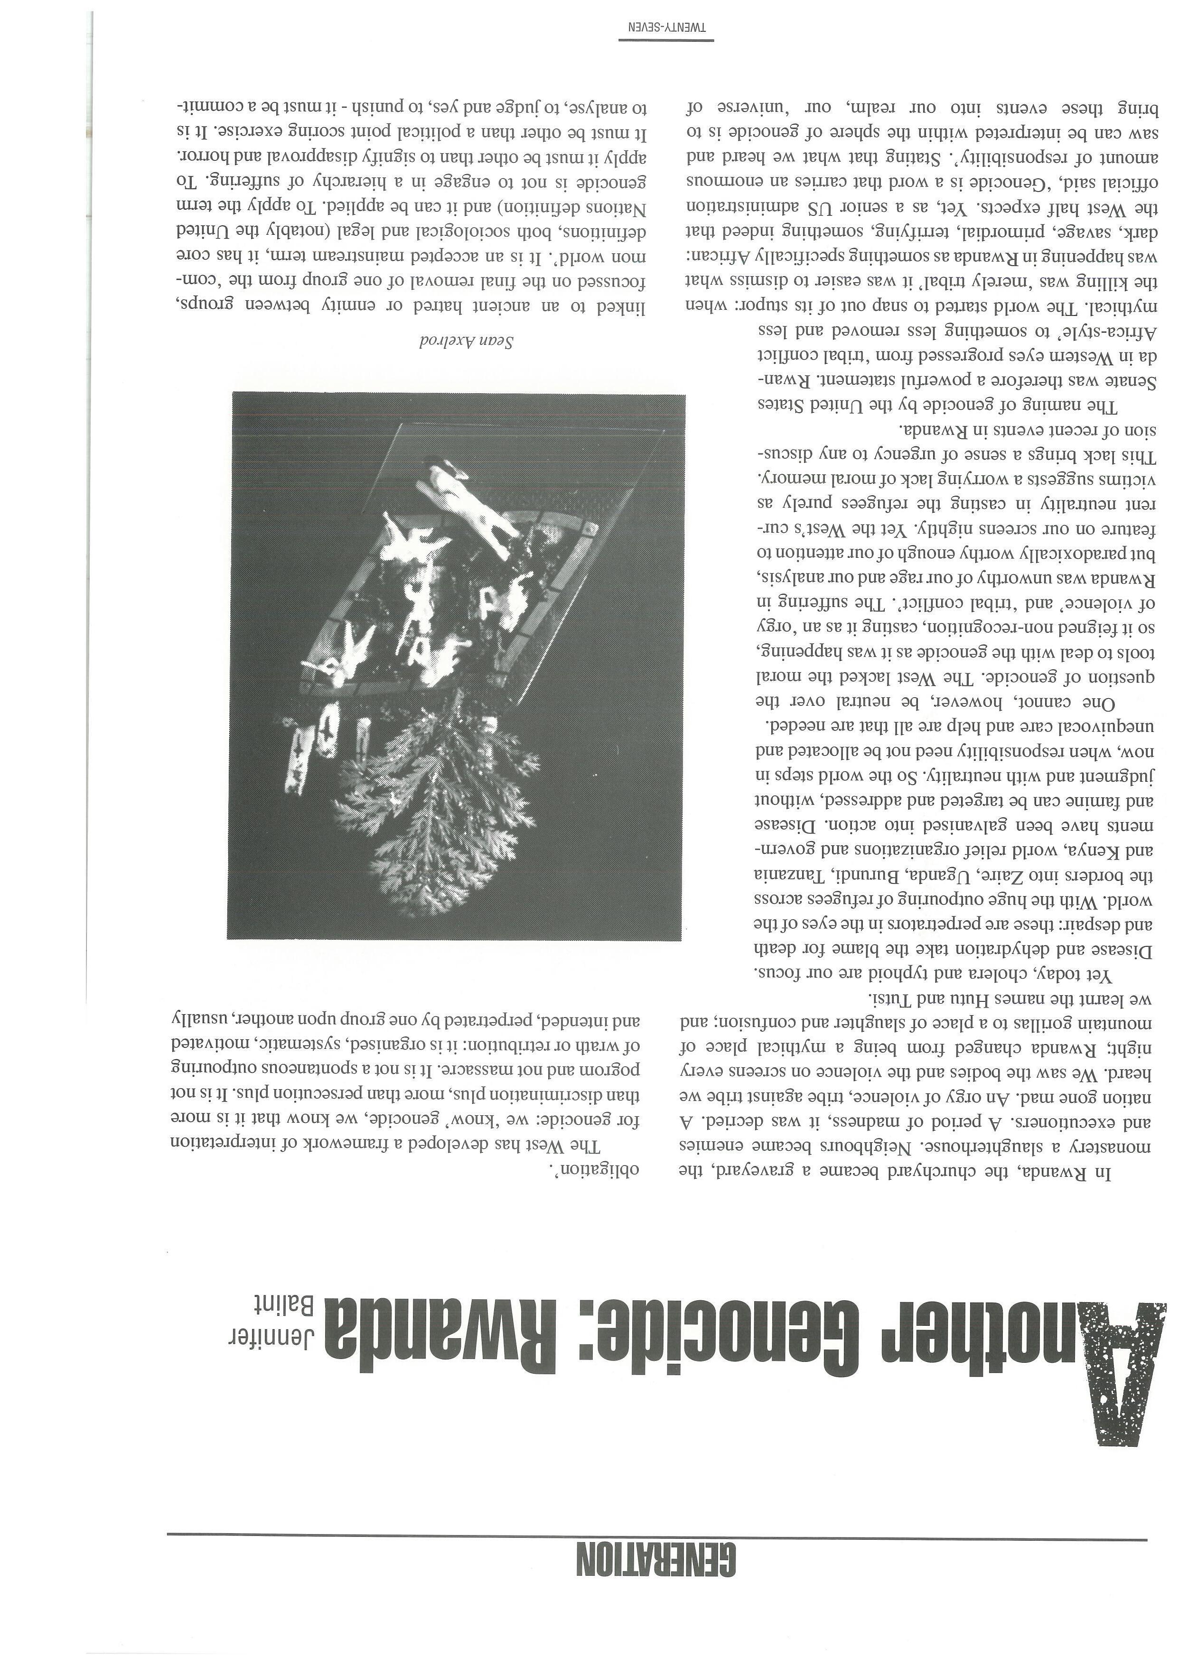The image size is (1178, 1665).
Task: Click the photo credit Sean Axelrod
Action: (467, 342)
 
